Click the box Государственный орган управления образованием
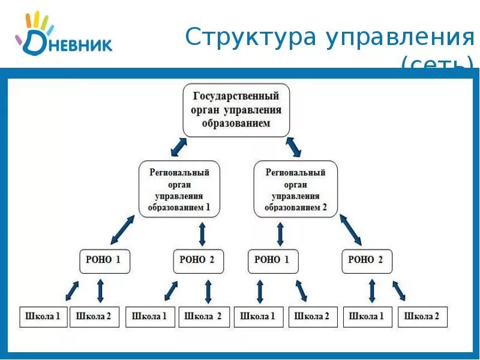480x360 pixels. coord(236,110)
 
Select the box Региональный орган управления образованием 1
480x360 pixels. coord(179,189)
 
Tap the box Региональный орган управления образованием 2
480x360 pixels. coord(296,189)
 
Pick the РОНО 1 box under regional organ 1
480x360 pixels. coord(104,260)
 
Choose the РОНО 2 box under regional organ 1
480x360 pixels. coord(198,260)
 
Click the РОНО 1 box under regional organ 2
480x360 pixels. coord(272,260)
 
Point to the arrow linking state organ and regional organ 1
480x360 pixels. coord(178,146)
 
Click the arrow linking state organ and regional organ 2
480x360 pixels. coord(293,146)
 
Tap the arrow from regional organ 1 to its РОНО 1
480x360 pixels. coord(122,229)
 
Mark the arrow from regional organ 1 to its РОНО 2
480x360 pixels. coord(202,233)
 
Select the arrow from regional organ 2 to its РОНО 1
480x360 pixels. coord(280,233)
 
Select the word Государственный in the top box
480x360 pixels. coord(236,96)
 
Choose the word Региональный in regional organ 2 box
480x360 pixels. coord(296,172)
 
